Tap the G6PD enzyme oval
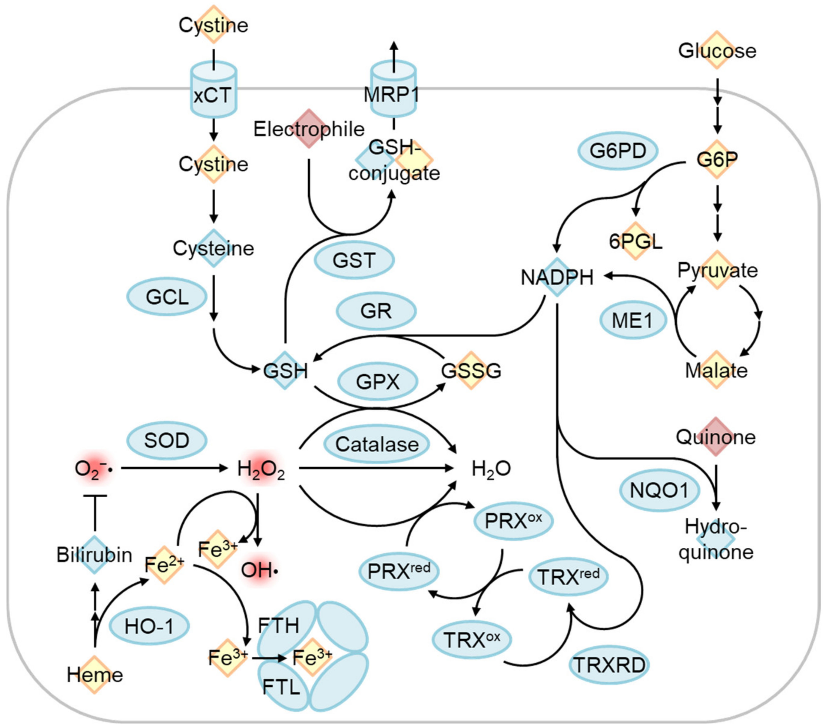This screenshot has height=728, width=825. coord(618,150)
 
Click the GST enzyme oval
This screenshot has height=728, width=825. coord(354,260)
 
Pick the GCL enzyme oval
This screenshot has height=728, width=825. coord(167,297)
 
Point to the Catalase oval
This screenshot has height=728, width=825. coord(377,444)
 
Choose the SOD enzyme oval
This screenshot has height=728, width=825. coord(167,440)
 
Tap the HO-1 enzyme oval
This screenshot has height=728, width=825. coord(149,626)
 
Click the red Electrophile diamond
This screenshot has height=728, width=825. coord(309,129)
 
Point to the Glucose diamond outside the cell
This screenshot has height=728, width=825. coord(717,50)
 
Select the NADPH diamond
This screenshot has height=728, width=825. coord(557,277)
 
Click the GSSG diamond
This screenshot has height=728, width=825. coord(471,370)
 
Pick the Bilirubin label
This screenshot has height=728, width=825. coord(94,555)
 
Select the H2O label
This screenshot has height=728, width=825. coord(491,469)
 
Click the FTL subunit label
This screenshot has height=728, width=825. coord(281,686)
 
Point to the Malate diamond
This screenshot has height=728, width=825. coord(716,370)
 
